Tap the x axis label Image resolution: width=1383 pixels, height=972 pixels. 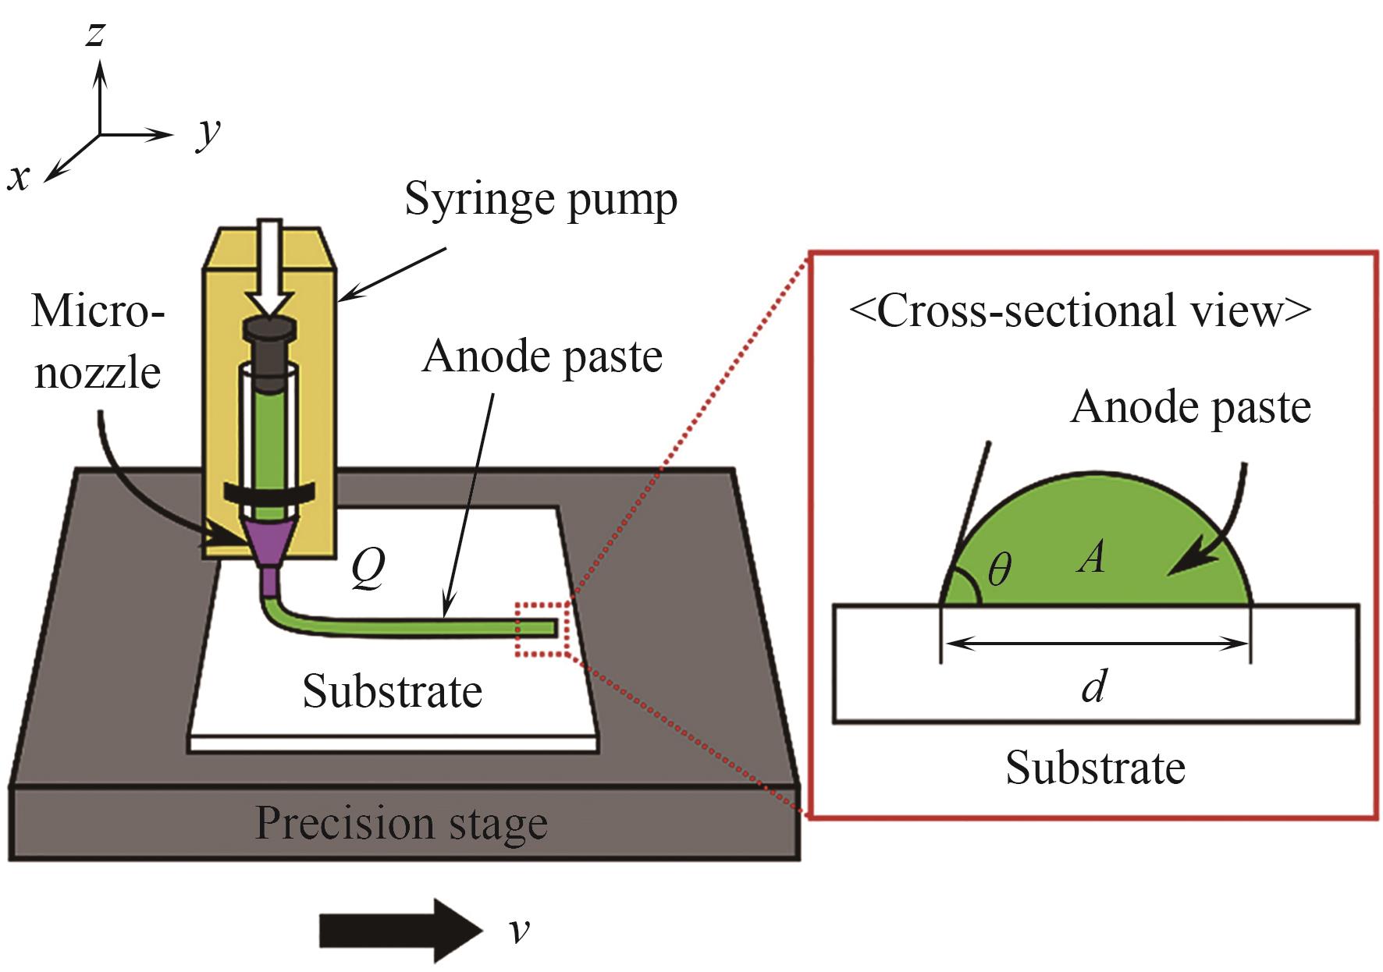tap(18, 178)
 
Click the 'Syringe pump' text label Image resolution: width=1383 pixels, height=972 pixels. tap(541, 200)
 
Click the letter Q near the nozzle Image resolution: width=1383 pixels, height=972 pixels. tap(367, 570)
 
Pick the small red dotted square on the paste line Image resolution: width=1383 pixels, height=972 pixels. tap(542, 629)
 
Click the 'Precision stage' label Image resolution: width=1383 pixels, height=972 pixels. tap(401, 824)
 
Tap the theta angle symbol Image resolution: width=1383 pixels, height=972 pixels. tap(999, 571)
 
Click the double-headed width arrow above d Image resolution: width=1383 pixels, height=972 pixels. tap(1096, 644)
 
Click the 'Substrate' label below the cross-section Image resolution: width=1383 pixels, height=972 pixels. tap(1095, 768)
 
